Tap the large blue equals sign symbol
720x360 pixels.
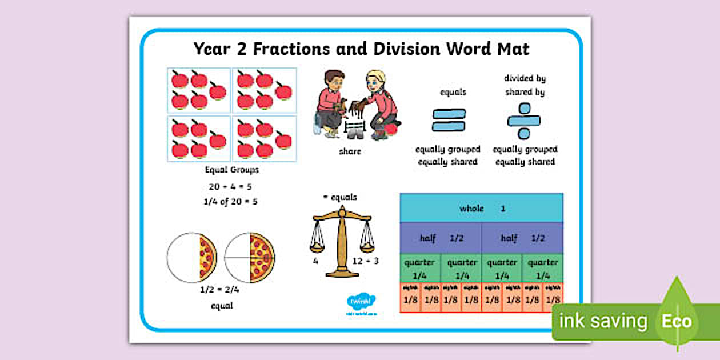(449, 120)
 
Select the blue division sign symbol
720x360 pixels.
(523, 121)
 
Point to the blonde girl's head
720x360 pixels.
(375, 81)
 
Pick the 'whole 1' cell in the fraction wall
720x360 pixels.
(481, 209)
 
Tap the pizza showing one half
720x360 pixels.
(192, 257)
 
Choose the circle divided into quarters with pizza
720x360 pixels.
(250, 257)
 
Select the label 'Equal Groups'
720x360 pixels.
(231, 170)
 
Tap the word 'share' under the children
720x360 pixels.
(350, 151)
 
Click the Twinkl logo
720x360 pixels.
(359, 301)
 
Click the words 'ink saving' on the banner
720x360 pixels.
(603, 321)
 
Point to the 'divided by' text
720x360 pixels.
(525, 78)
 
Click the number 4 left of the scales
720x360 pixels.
(315, 261)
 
